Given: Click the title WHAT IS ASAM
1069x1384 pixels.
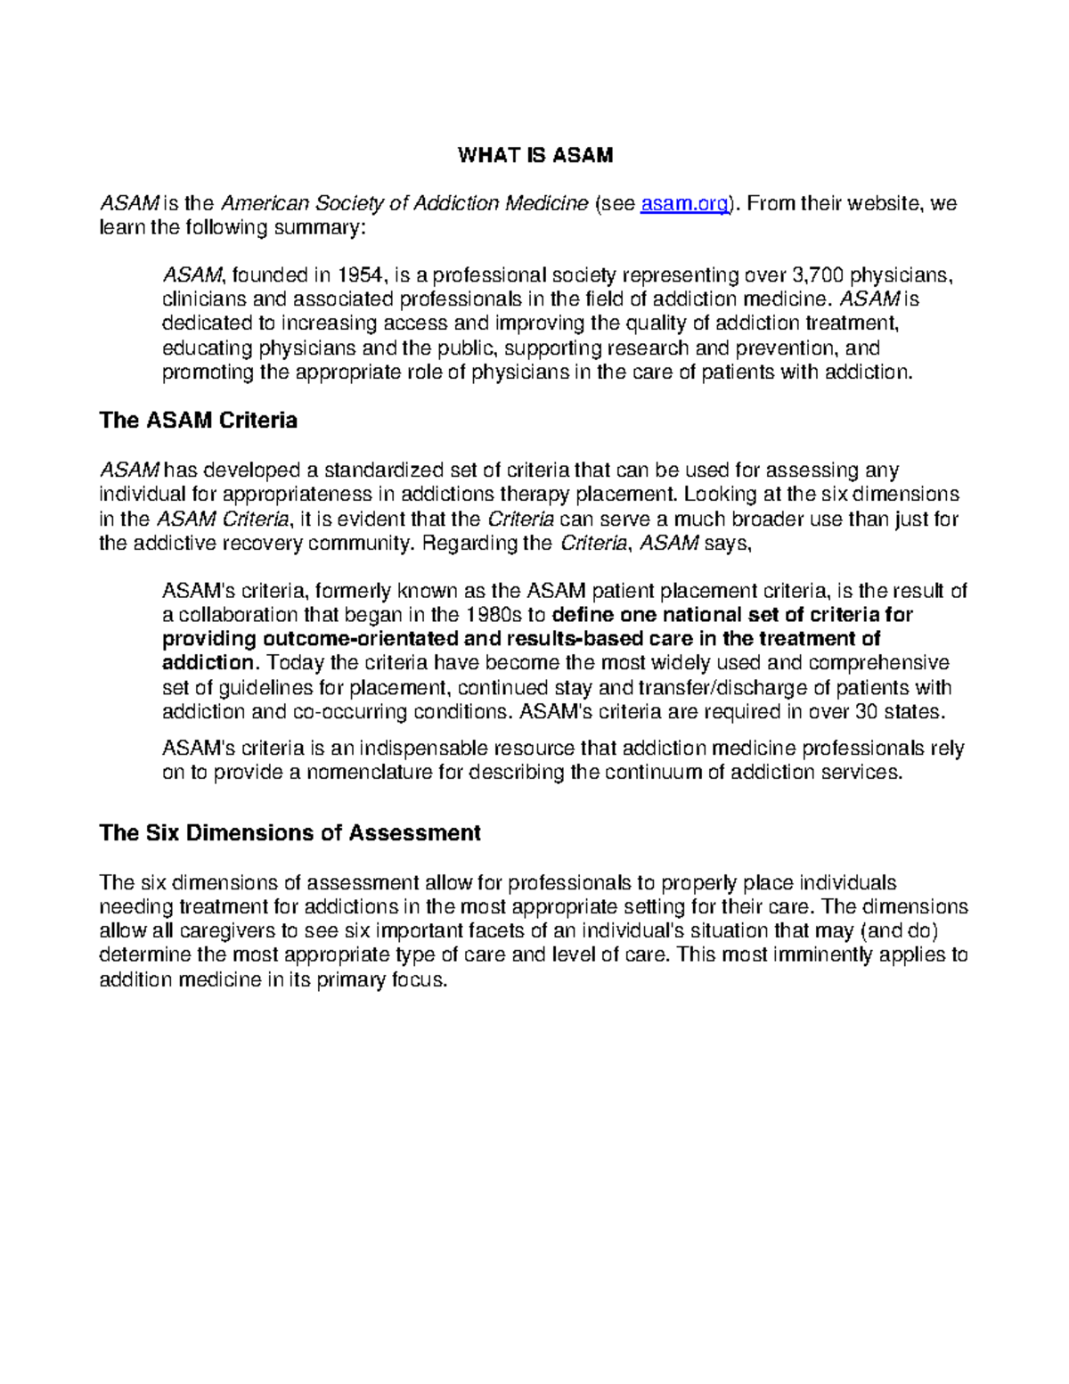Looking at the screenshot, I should click(x=534, y=155).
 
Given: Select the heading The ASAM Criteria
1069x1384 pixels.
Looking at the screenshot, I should click(x=198, y=421).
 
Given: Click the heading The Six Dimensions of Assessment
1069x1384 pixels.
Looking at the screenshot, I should click(x=290, y=833).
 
